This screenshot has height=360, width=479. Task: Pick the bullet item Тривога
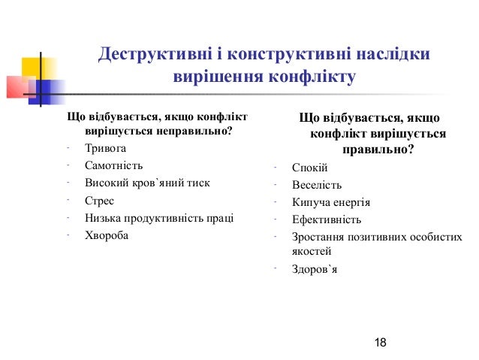pyautogui.click(x=106, y=148)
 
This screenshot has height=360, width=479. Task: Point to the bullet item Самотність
pyautogui.click(x=113, y=165)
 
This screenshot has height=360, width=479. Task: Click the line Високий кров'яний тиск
pyautogui.click(x=147, y=183)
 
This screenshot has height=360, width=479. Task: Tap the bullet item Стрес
pyautogui.click(x=99, y=201)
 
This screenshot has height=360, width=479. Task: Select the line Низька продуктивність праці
pyautogui.click(x=159, y=218)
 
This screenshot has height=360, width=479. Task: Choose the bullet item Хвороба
pyautogui.click(x=107, y=235)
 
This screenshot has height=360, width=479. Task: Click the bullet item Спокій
pyautogui.click(x=309, y=168)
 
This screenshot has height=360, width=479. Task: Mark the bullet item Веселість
pyautogui.click(x=316, y=185)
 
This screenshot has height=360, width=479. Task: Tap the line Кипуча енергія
pyautogui.click(x=330, y=202)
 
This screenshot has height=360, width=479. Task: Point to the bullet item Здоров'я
pyautogui.click(x=315, y=268)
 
